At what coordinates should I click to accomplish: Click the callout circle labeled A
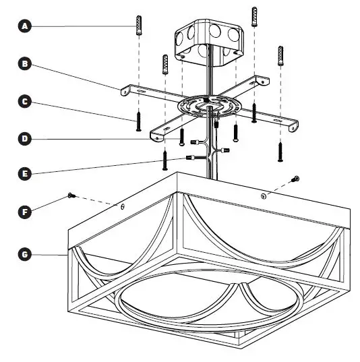tap(26, 26)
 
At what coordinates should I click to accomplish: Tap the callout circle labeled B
tap(26, 64)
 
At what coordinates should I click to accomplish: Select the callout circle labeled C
tap(26, 102)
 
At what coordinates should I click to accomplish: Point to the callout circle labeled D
tap(26, 140)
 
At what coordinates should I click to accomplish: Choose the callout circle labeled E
tap(26, 174)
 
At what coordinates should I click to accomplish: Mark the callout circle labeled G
tap(26, 255)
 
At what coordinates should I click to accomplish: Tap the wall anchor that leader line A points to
tap(138, 24)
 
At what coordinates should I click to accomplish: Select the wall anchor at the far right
tap(280, 56)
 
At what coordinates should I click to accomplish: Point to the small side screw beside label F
tap(71, 195)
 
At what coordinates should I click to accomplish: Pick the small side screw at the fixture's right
tap(295, 178)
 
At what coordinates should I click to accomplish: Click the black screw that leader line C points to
tap(138, 121)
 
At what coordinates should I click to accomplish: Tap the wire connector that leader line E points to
tap(191, 158)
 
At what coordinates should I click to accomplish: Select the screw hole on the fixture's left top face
tap(121, 206)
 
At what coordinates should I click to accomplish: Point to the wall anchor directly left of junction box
tap(164, 65)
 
